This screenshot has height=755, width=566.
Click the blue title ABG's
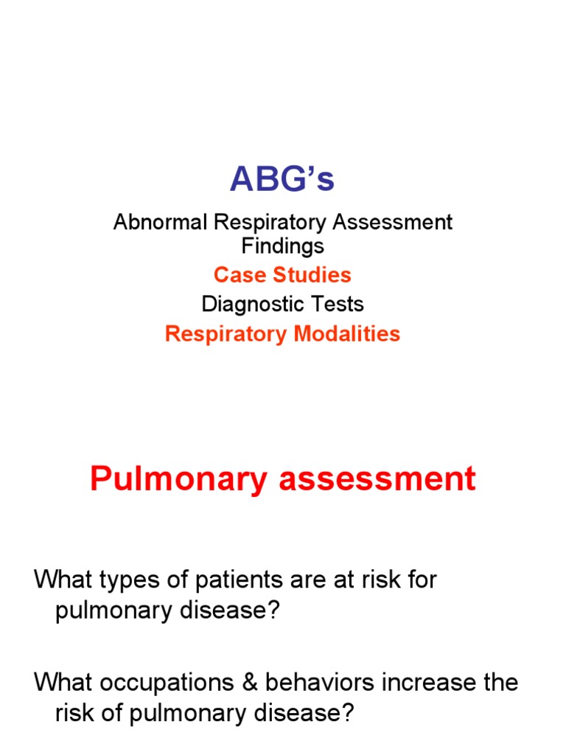coord(282,179)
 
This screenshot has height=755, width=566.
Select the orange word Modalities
coord(346,334)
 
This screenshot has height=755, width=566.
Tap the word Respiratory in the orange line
coord(226,334)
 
